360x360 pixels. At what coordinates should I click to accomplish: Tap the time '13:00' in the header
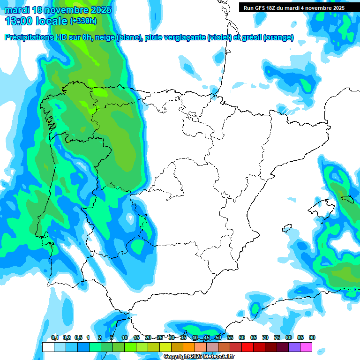(x=19, y=21)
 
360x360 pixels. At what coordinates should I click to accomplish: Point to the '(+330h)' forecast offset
(x=83, y=21)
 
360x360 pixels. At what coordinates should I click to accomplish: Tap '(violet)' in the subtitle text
(x=219, y=37)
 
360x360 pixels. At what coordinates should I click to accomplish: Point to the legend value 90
(x=312, y=337)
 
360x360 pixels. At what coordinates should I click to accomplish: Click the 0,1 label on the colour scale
(x=55, y=337)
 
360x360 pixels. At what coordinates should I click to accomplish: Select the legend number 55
(x=230, y=337)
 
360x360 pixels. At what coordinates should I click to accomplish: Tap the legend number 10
(x=125, y=337)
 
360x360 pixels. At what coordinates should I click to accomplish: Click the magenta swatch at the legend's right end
(x=306, y=347)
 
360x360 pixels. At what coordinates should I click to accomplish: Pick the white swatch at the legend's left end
(x=48, y=347)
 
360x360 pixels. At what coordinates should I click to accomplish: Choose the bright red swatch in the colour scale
(x=247, y=347)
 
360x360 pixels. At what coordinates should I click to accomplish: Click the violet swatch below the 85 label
(x=294, y=347)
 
